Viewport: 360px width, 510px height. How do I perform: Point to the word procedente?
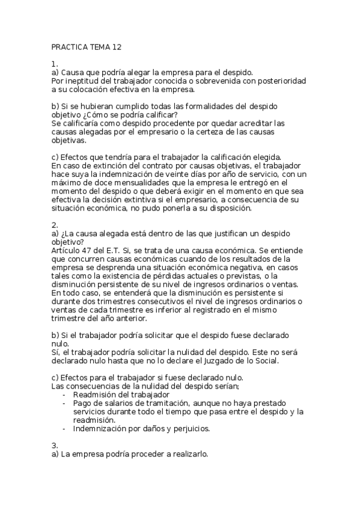(x=157, y=123)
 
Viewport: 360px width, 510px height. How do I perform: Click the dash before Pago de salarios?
(x=64, y=403)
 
